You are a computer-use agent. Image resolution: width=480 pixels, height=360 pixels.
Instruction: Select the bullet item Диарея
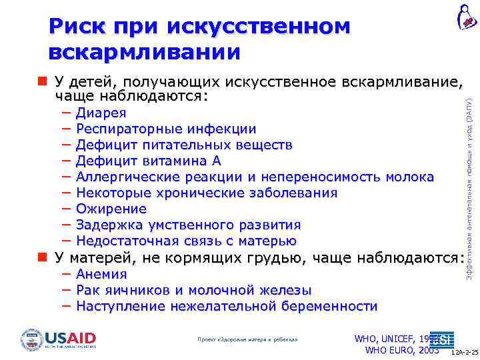[101, 113]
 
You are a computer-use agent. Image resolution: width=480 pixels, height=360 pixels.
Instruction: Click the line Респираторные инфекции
[165, 129]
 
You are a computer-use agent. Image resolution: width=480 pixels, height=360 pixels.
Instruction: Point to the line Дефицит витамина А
[148, 161]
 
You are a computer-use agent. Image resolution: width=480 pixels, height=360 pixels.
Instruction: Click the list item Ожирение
[111, 209]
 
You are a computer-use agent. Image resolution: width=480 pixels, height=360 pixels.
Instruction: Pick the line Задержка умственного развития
[188, 225]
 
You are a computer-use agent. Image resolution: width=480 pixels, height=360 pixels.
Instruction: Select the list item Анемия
[101, 274]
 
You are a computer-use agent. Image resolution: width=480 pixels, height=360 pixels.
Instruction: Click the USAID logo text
[71, 337]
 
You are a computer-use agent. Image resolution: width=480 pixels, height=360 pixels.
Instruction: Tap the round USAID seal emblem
[31, 339]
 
